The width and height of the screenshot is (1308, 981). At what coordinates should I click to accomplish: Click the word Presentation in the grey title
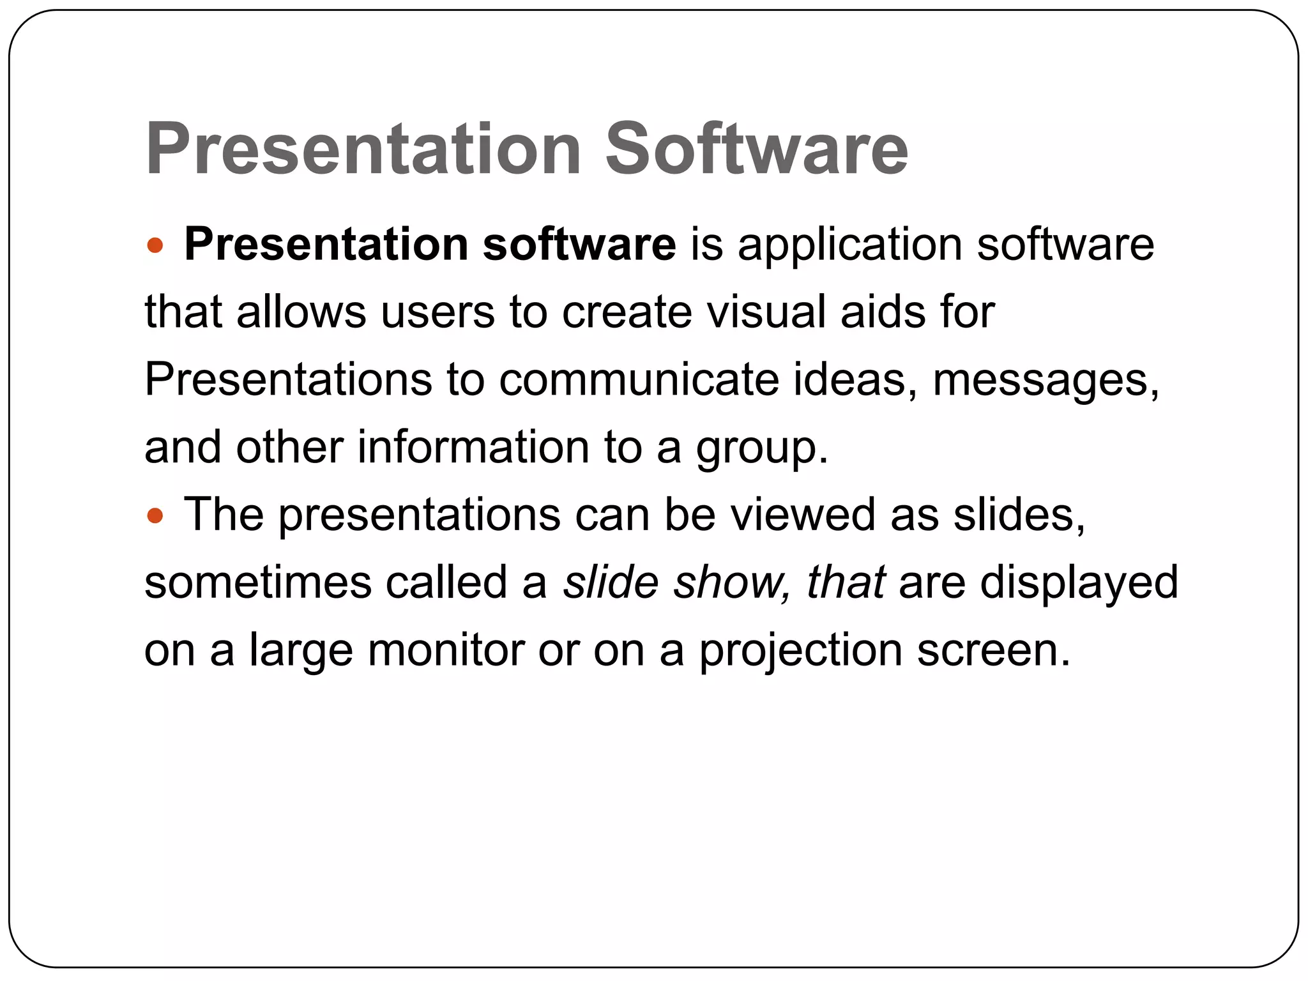point(363,149)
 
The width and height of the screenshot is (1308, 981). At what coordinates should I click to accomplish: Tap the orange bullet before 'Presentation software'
point(155,245)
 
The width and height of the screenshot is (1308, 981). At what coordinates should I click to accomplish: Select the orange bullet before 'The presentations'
point(155,515)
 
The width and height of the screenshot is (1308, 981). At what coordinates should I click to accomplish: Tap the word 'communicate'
point(639,380)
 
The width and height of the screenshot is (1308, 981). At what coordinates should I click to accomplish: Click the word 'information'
point(473,447)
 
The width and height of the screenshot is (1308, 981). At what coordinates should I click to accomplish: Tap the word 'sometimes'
point(258,582)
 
